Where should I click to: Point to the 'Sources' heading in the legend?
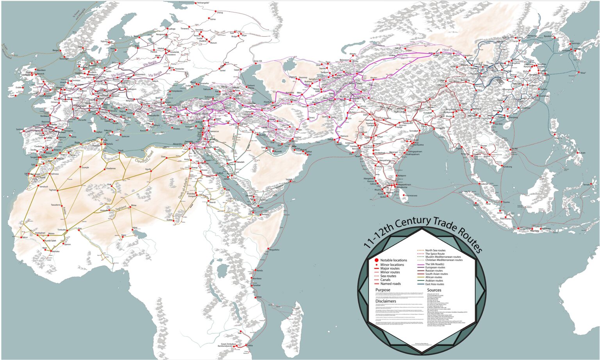tap(434, 290)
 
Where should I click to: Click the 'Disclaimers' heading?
tap(386, 301)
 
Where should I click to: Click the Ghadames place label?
tap(111, 168)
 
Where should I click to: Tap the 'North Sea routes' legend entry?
tap(435, 250)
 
